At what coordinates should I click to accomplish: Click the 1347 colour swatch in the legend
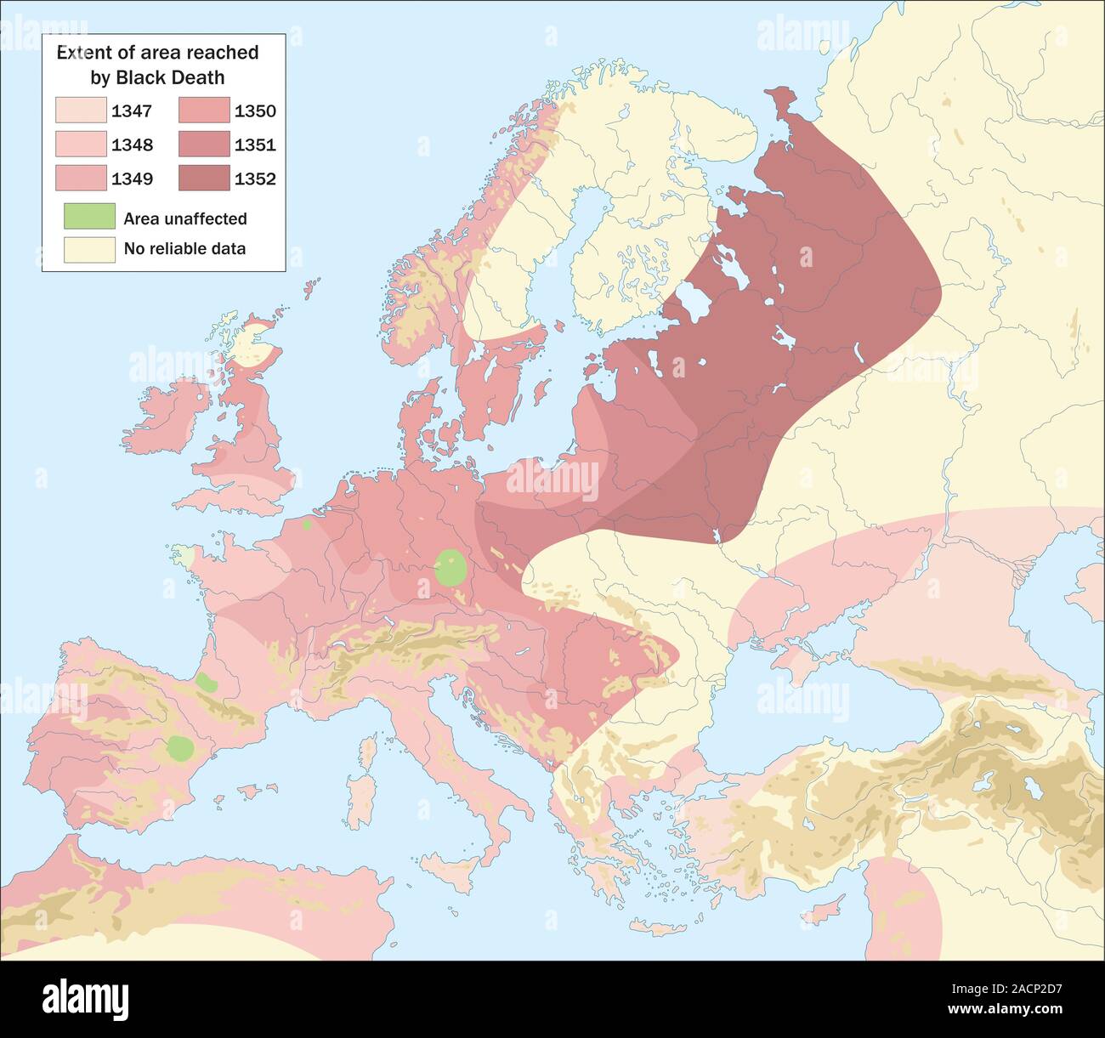pos(82,111)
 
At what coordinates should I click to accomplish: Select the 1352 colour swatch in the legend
pos(205,179)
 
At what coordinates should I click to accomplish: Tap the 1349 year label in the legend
pos(132,179)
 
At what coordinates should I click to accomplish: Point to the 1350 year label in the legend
pos(255,111)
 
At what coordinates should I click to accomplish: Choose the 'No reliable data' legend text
pos(184,248)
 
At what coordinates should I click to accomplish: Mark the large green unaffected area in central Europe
pos(450,568)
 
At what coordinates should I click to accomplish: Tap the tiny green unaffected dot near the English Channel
pos(306,525)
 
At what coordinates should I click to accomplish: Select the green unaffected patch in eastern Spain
pos(180,749)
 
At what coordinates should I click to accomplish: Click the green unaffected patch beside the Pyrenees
pos(205,681)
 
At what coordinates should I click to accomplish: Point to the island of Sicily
pos(448,872)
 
